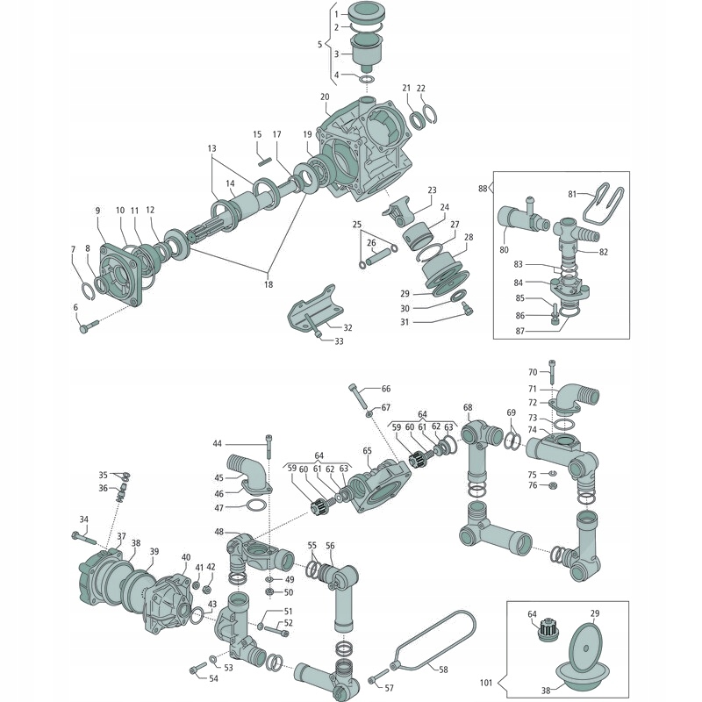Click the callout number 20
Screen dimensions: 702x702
tap(325, 97)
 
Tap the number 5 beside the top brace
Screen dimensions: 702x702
tap(320, 43)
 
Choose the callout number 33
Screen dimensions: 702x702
tap(339, 340)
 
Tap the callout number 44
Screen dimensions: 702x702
tap(217, 443)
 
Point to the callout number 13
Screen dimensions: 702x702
tap(211, 148)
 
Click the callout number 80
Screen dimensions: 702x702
tap(504, 249)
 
